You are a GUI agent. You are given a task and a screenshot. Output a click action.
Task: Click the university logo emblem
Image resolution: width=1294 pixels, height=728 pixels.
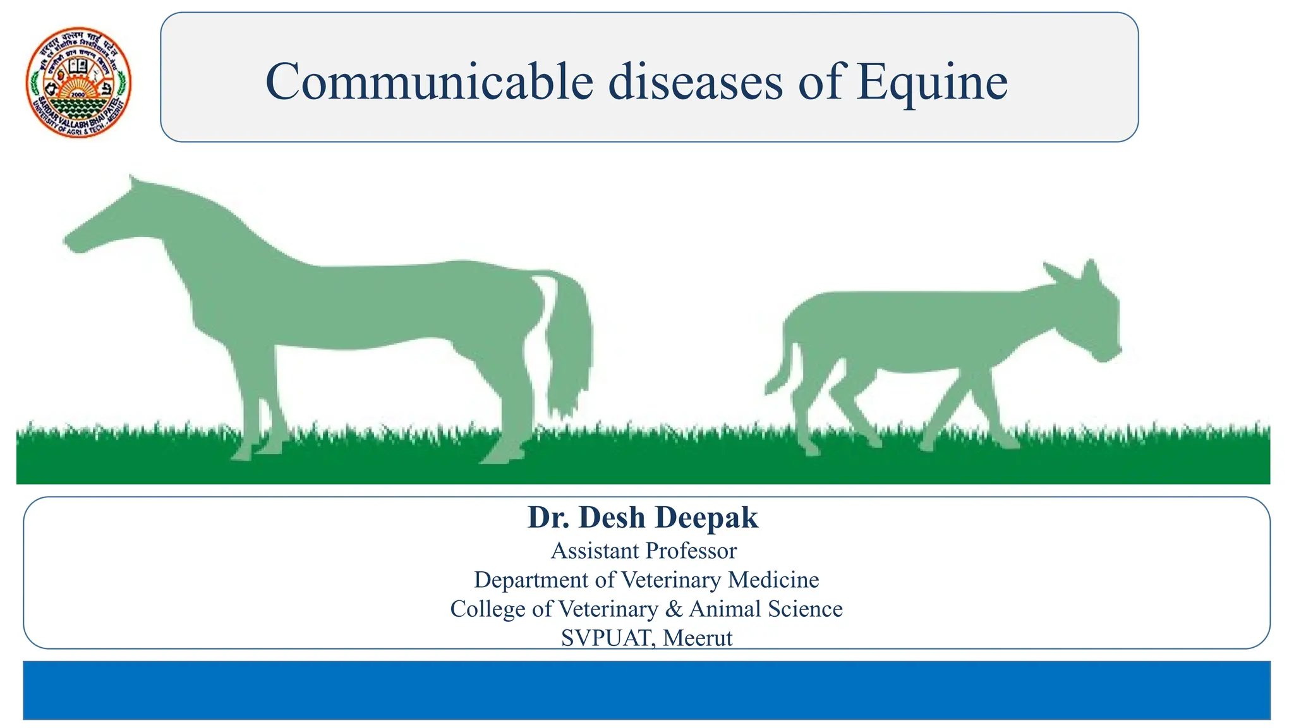tap(78, 83)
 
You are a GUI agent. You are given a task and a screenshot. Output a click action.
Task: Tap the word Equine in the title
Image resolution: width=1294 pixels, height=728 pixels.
tap(932, 83)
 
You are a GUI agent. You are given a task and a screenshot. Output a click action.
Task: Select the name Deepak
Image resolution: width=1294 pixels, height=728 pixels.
tap(707, 518)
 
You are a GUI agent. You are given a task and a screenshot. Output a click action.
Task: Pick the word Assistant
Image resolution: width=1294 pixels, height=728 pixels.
tap(595, 551)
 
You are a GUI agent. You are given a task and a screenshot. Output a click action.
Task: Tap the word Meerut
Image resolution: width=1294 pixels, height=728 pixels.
tap(698, 638)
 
